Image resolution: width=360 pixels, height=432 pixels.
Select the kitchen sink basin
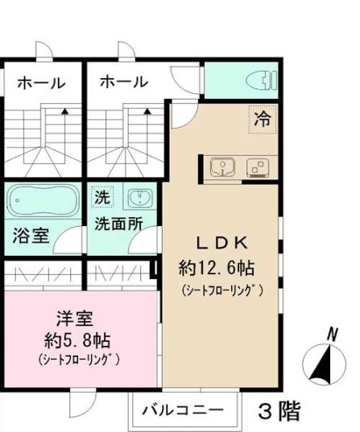tap(221, 168)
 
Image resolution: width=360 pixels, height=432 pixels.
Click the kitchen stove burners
tap(258, 168)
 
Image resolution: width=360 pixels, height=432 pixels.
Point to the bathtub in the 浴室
tap(43, 200)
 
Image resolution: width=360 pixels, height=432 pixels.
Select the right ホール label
tap(124, 82)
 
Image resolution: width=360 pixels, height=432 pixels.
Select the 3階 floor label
tap(279, 411)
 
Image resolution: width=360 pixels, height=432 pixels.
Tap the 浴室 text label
tap(31, 236)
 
